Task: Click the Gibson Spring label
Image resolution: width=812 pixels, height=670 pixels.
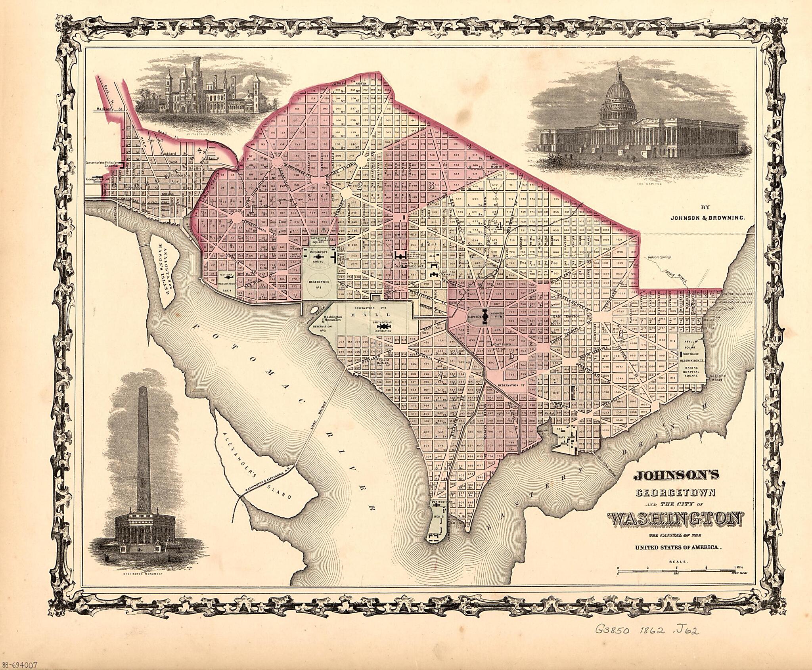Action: pyautogui.click(x=659, y=257)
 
